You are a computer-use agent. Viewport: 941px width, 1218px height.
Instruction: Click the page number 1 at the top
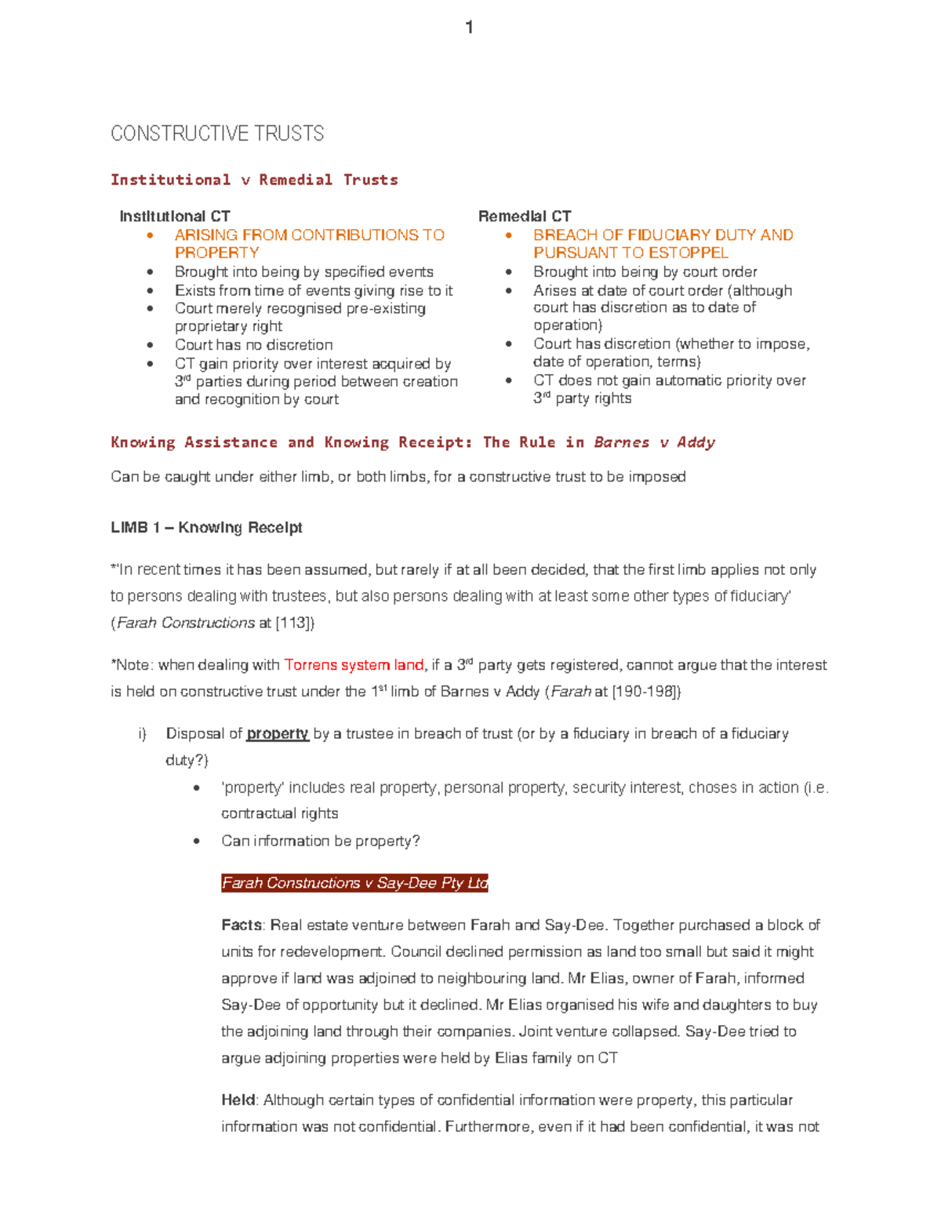point(469,28)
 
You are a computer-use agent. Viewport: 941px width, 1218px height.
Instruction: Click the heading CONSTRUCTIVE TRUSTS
point(217,133)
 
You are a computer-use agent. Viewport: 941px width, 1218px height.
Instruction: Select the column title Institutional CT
point(174,216)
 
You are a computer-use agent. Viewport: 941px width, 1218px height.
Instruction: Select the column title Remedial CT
point(525,216)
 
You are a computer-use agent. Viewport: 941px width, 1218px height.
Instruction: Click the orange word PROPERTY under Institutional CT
point(216,253)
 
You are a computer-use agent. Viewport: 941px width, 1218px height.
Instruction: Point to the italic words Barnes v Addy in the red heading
point(654,442)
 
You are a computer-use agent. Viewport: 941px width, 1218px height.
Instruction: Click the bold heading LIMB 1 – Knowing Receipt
point(206,527)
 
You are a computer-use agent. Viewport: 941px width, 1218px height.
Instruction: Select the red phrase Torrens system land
point(354,665)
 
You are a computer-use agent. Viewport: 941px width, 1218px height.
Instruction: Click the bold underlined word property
point(277,733)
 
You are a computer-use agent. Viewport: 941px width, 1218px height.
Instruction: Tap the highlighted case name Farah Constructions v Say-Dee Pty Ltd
point(354,883)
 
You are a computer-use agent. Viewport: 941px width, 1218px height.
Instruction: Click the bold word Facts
point(242,925)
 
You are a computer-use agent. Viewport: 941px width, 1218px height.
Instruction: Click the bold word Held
point(238,1100)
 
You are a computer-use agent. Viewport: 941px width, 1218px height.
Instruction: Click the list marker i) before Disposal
point(142,733)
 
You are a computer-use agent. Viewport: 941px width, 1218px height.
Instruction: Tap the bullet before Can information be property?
point(197,841)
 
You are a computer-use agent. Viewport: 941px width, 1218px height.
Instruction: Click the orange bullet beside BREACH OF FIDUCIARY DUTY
point(508,235)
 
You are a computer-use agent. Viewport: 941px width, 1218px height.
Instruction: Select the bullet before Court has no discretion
point(150,345)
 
